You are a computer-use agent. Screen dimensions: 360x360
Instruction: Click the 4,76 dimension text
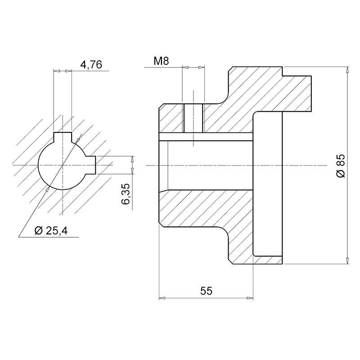91,65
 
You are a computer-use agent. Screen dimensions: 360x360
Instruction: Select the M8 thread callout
161,61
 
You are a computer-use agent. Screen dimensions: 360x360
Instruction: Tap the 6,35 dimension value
126,194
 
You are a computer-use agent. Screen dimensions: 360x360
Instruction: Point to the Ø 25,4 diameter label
51,230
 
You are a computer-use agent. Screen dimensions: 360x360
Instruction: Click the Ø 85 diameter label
341,166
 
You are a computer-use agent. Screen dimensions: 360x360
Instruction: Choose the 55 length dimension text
207,291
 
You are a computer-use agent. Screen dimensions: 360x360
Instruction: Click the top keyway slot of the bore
63,137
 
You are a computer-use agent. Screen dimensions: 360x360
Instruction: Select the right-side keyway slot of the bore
91,165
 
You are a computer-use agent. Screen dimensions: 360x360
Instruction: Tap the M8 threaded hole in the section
193,118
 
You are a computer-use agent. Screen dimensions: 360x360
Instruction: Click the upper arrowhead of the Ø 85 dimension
348,70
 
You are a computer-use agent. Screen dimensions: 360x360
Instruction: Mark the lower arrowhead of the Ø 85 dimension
348,261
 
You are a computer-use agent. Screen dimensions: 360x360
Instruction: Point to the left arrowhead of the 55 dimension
162,298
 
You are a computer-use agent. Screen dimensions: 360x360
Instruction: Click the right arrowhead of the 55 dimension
250,298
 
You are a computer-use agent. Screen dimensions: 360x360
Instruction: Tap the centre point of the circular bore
63,165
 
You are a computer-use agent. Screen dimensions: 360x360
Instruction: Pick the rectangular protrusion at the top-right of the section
297,94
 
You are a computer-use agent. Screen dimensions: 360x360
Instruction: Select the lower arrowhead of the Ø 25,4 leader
48,189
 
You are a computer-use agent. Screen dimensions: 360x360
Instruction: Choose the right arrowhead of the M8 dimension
201,67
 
